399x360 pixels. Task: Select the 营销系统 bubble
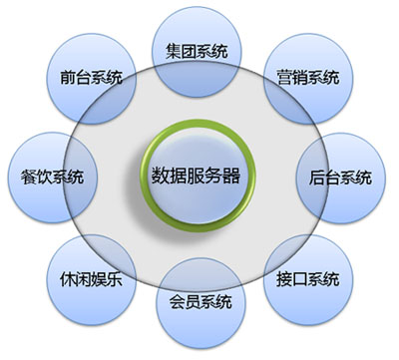pyautogui.click(x=308, y=77)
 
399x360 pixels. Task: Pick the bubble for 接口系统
pyautogui.click(x=308, y=276)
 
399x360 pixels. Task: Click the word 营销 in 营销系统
pyautogui.click(x=291, y=77)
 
